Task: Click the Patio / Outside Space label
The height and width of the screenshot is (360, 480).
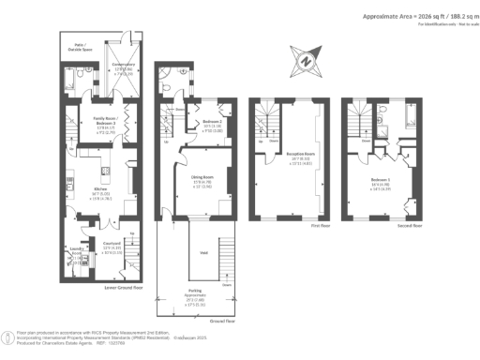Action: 74,46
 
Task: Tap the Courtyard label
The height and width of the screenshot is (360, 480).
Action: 113,247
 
